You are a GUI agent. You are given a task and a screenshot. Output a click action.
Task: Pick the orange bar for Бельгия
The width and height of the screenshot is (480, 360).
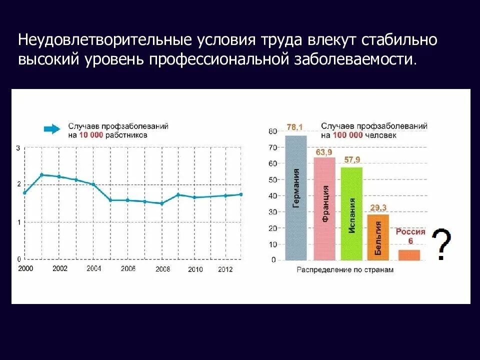378,237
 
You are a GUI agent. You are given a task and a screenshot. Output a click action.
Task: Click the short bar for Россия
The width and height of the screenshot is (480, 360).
409,254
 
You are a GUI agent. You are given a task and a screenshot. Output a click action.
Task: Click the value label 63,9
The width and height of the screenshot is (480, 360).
324,152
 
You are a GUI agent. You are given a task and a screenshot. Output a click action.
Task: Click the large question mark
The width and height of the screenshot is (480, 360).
440,244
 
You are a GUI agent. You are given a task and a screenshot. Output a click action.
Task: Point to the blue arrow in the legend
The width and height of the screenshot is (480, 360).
51,129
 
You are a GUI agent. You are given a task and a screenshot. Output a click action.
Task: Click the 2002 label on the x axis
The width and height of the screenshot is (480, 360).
59,268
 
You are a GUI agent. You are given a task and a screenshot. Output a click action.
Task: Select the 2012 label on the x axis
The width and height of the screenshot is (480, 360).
225,269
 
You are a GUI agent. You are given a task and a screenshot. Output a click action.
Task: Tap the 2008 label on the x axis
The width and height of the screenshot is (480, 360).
162,269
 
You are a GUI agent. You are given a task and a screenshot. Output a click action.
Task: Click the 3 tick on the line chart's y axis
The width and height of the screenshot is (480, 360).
18,148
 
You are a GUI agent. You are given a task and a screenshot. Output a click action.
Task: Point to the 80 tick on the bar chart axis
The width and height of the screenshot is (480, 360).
272,131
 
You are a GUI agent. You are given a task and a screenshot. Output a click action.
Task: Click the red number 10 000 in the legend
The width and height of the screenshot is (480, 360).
91,135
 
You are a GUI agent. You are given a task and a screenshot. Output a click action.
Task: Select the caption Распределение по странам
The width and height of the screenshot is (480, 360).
345,270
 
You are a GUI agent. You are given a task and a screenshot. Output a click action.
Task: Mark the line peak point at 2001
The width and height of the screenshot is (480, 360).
42,174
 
